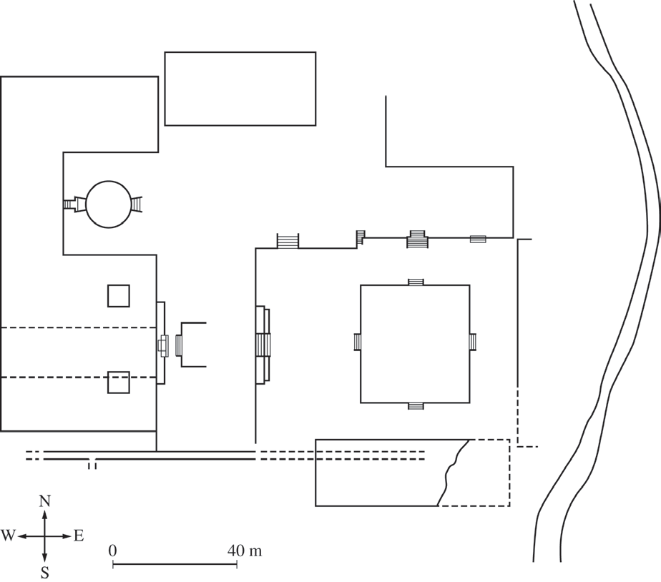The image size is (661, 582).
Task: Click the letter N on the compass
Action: point(44,501)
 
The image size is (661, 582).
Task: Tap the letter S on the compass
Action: point(44,573)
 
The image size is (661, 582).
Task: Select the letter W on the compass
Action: point(8,536)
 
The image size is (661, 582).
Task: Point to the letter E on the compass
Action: point(79,536)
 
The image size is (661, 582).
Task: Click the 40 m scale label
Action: point(245,551)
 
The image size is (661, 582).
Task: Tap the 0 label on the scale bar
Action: point(112,551)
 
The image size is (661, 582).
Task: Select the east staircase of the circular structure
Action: point(137,204)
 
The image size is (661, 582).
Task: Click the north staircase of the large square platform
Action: point(416,282)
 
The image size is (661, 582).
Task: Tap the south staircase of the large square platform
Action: point(416,406)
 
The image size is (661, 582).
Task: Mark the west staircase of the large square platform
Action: point(358,341)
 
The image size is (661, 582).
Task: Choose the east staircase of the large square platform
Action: point(473,341)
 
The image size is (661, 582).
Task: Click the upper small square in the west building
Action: point(119,296)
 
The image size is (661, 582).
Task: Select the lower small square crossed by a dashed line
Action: point(119,383)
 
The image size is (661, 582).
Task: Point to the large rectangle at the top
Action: point(240,52)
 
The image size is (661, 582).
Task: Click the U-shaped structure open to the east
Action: point(182,345)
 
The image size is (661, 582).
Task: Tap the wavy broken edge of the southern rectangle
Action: point(452,472)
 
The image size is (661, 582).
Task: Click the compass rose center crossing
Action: point(44,536)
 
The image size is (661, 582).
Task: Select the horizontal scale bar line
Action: point(175,565)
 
